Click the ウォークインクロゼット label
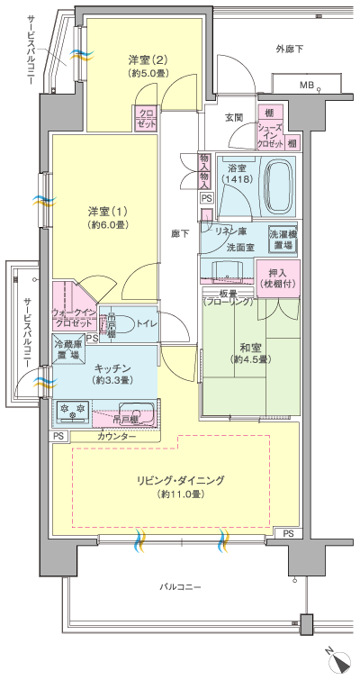point(74,318)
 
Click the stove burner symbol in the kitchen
point(71,410)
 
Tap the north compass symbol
point(340,662)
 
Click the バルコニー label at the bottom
point(180,587)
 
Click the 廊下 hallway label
point(179,233)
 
